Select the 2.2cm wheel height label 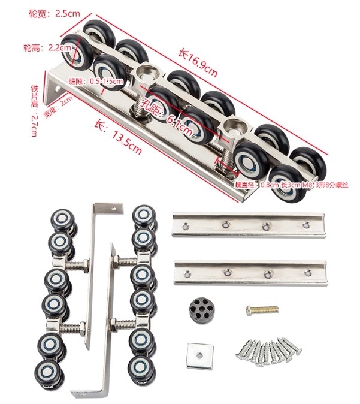point(43,46)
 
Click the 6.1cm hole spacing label point(165,113)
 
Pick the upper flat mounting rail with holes point(249,225)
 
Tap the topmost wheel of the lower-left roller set point(60,219)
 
